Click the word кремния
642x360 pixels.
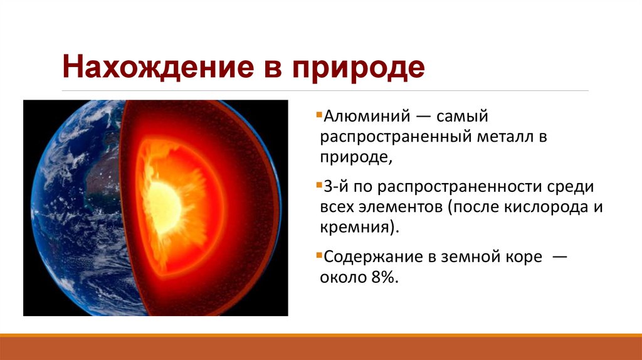[x=355, y=227]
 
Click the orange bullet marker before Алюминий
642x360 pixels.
[x=319, y=116]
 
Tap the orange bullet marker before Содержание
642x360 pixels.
[x=319, y=258]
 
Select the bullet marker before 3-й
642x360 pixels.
[x=319, y=187]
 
